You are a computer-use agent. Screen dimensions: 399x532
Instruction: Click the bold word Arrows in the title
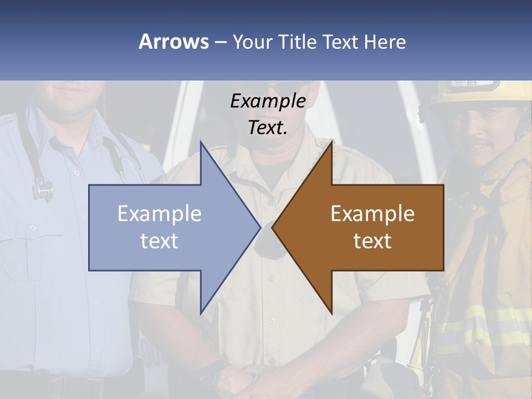(x=173, y=42)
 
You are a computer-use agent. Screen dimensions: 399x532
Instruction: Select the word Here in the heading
(x=385, y=42)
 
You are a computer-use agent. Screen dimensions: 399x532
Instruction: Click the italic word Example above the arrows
(x=268, y=101)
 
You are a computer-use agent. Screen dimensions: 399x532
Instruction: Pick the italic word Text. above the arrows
(x=268, y=128)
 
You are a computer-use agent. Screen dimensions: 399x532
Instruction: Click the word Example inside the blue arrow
(x=160, y=214)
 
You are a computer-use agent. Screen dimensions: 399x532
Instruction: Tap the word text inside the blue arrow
(x=160, y=241)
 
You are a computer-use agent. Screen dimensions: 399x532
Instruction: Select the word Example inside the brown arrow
(x=372, y=214)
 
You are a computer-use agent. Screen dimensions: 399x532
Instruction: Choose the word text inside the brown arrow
(x=372, y=241)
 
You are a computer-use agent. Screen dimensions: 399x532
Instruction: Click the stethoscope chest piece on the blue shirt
(x=43, y=190)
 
